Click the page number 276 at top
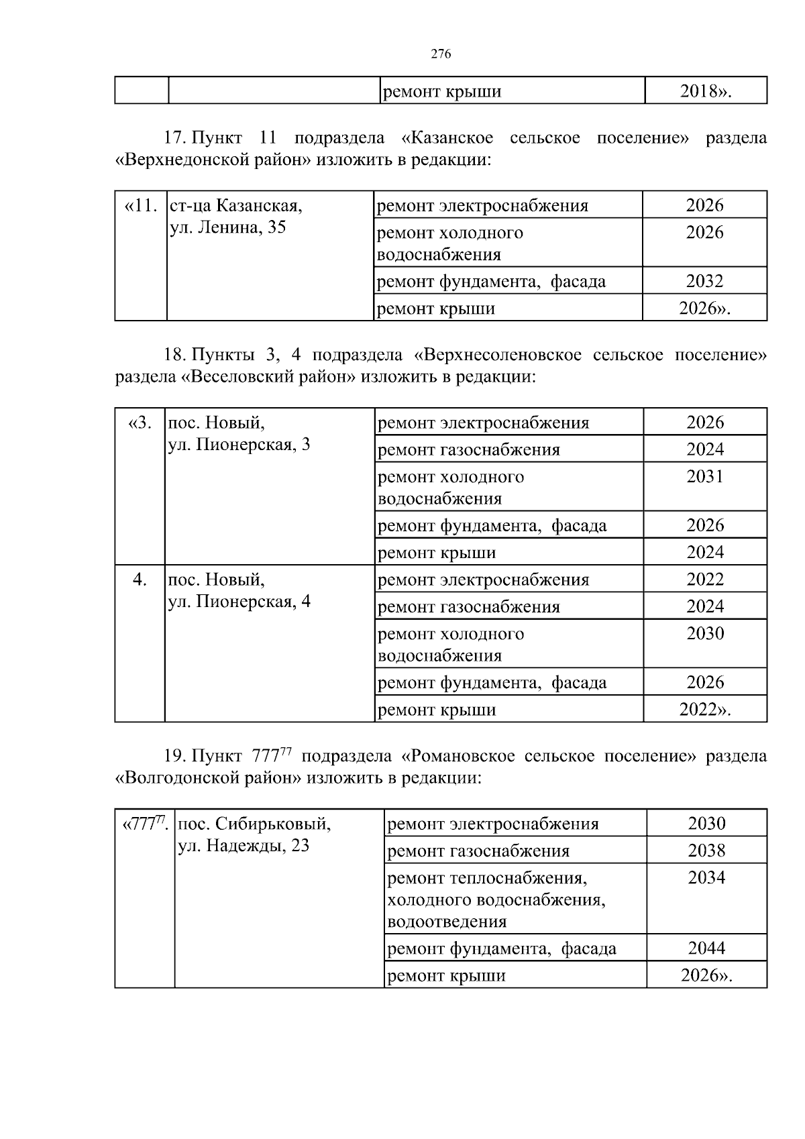click(440, 54)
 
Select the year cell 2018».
click(705, 91)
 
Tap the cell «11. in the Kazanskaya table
click(141, 205)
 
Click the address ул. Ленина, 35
click(228, 227)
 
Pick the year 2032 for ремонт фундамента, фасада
click(704, 281)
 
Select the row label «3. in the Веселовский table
click(140, 423)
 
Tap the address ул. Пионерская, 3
click(239, 445)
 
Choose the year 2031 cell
click(705, 477)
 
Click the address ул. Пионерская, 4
click(239, 602)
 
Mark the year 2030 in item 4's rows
click(705, 634)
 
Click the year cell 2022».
click(705, 710)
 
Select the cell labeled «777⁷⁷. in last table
click(144, 824)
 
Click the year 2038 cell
click(706, 851)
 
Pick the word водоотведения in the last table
click(447, 922)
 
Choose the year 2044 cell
click(706, 948)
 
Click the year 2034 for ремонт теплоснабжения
click(706, 877)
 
